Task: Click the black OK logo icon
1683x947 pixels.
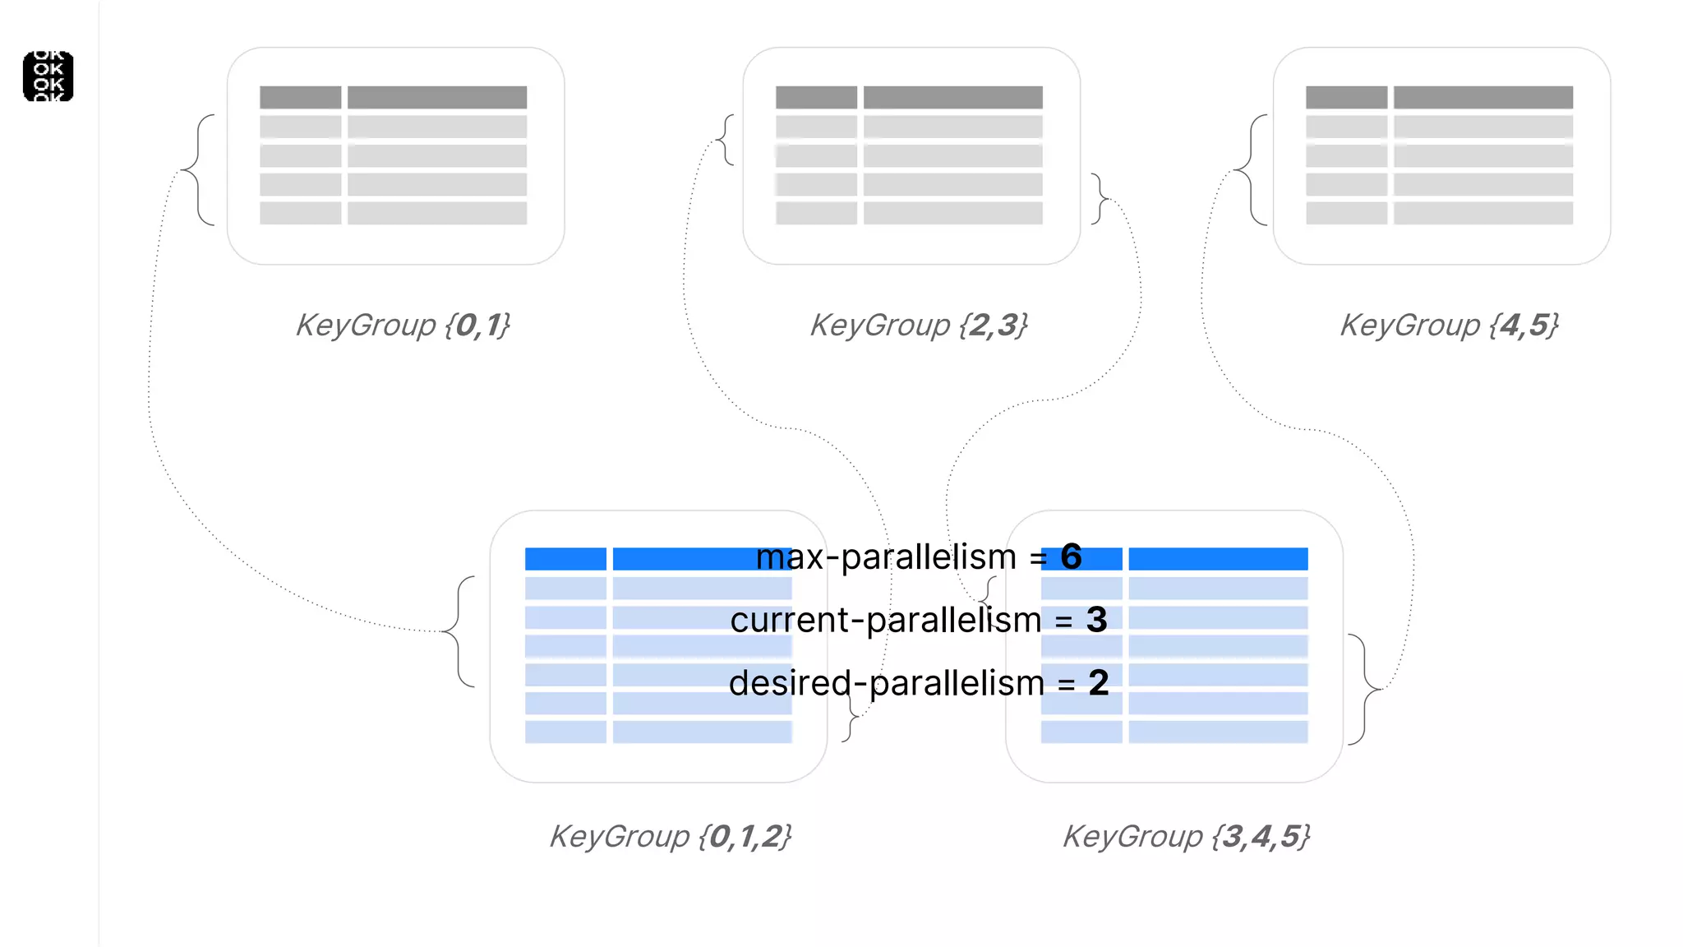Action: (x=48, y=76)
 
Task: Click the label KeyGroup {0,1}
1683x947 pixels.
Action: (x=403, y=326)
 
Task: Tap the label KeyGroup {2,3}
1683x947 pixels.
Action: (x=919, y=326)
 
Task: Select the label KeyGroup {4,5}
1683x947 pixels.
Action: (x=1449, y=326)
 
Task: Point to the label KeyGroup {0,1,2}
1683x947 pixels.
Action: (x=670, y=837)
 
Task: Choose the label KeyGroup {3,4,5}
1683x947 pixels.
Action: (x=1186, y=837)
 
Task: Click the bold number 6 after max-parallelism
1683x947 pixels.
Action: (x=1071, y=557)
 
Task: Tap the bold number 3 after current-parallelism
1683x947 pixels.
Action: (x=1096, y=620)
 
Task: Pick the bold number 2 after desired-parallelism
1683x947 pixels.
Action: (x=1099, y=683)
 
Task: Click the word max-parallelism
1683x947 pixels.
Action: (x=886, y=557)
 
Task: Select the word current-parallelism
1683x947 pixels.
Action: (x=885, y=620)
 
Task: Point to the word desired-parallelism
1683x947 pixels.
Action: (x=886, y=683)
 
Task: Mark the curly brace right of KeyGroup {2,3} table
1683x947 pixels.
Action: (x=1100, y=198)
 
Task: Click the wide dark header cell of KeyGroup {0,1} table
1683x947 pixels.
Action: (x=437, y=97)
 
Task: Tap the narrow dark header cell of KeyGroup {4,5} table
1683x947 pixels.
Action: (x=1346, y=97)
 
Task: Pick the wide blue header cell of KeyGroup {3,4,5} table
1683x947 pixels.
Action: (x=1218, y=559)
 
